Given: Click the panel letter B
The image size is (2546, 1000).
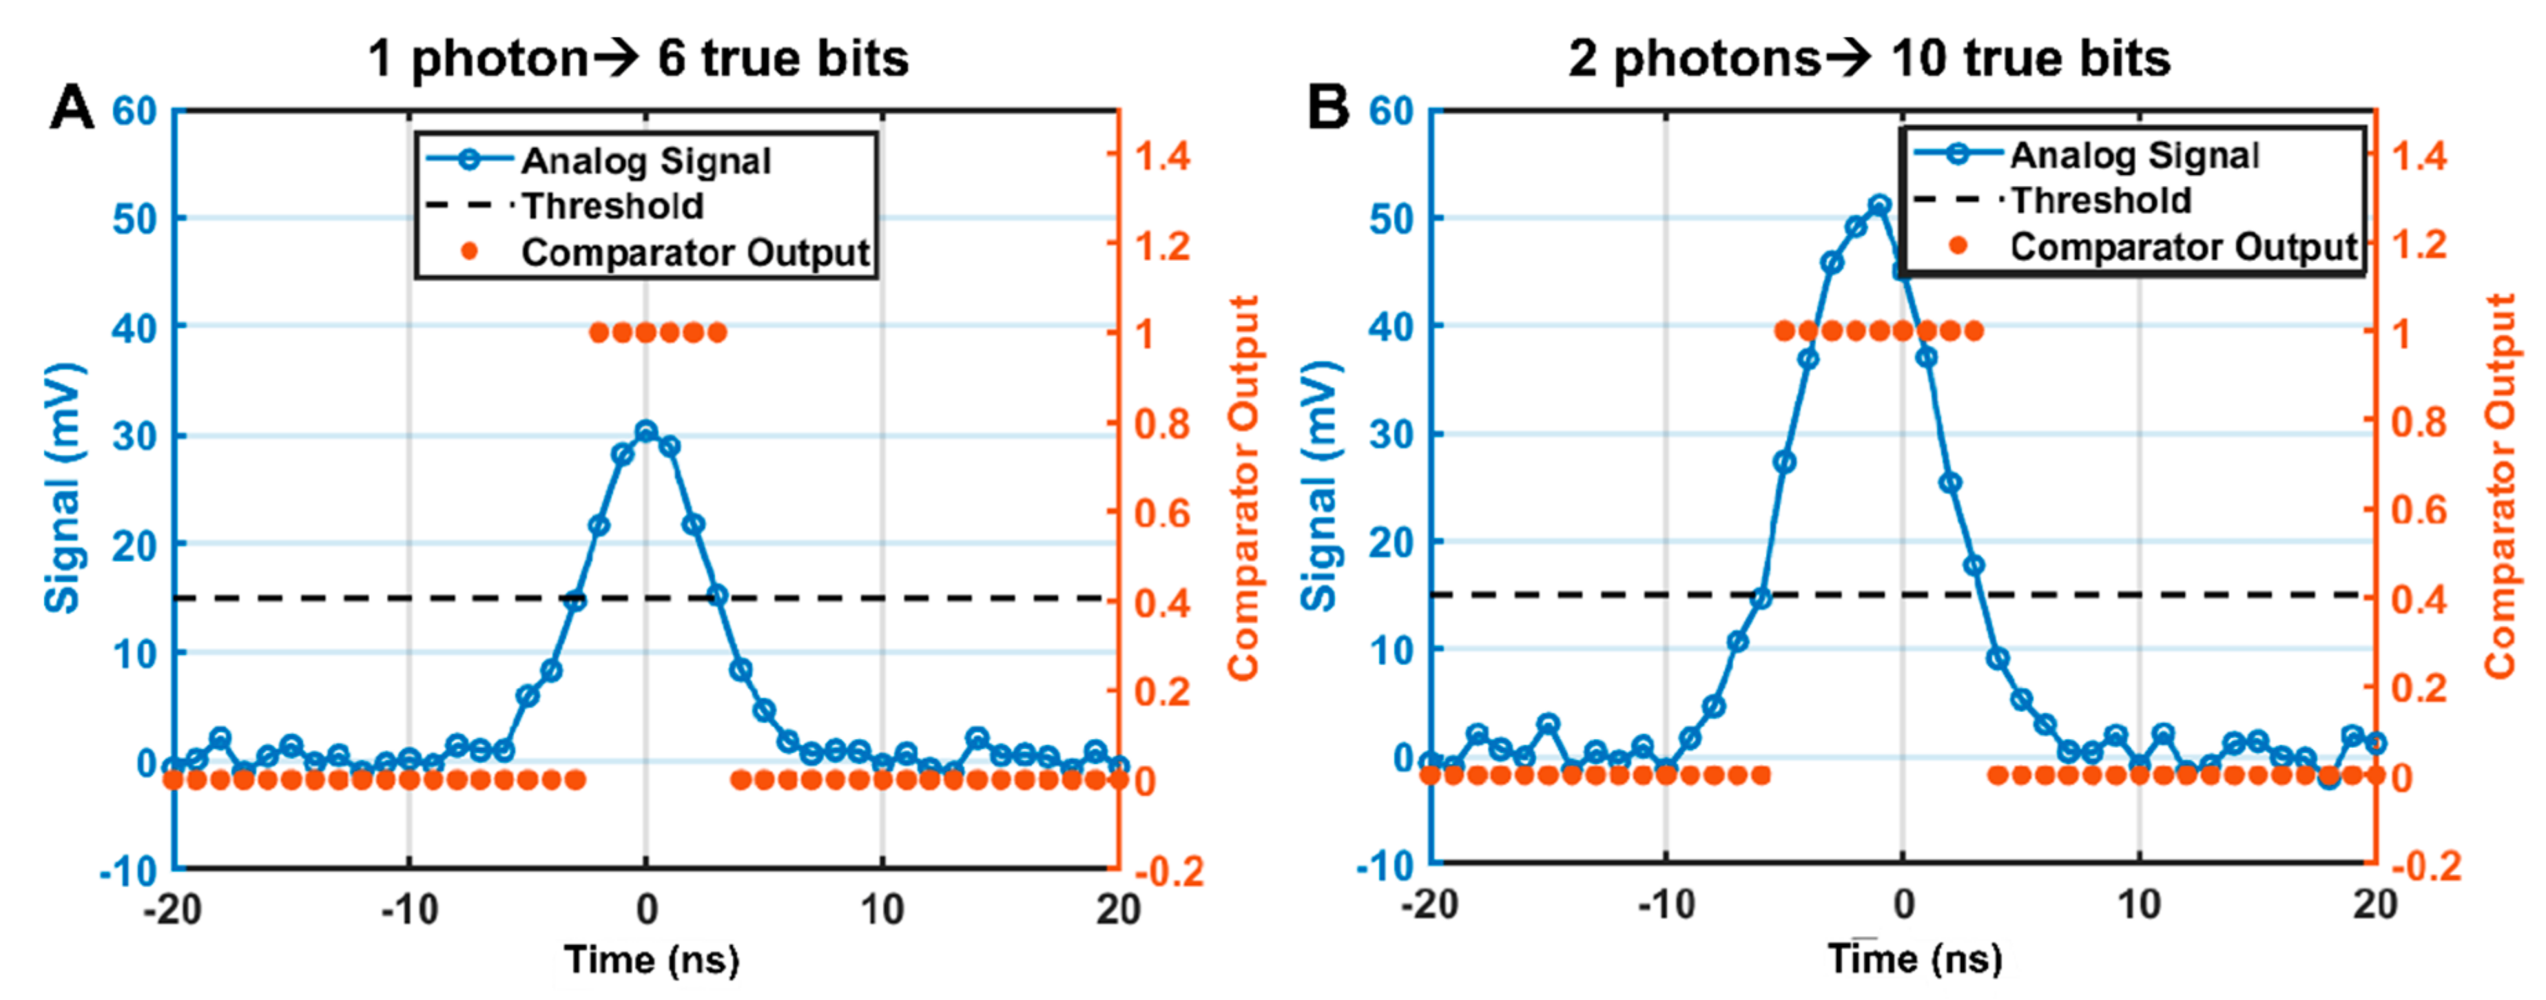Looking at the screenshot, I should point(1327,107).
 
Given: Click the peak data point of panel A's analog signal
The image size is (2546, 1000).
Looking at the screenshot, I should point(646,431).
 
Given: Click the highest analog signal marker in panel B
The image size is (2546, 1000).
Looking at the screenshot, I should point(1880,205).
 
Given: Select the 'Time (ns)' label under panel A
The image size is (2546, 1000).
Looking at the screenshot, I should point(652,959).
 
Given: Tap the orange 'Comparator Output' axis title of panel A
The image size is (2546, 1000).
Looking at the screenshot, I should point(1243,486).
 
